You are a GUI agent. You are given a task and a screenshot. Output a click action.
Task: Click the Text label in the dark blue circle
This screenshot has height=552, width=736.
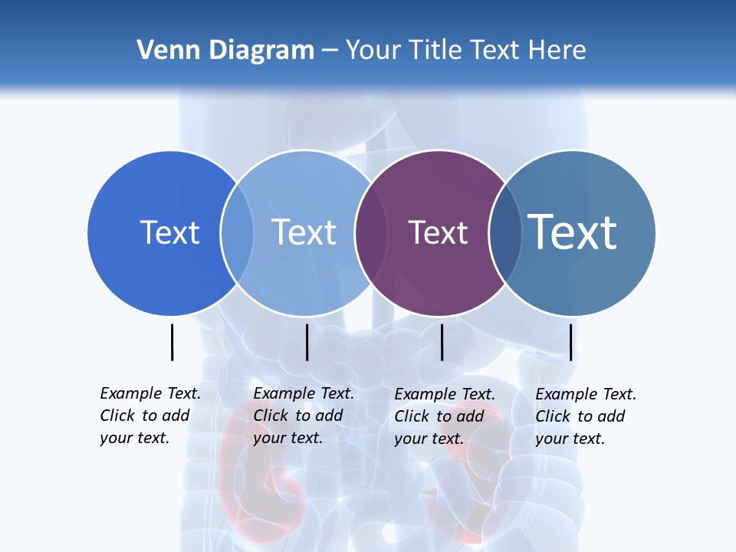click(169, 232)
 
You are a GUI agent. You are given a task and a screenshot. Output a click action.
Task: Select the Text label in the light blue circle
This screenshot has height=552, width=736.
click(304, 232)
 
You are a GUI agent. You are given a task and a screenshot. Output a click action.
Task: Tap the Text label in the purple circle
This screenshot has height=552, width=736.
click(438, 232)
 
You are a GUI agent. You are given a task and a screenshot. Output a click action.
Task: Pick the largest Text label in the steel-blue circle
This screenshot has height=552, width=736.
click(573, 232)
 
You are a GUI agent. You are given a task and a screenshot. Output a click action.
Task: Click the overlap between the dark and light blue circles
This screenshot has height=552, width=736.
click(237, 233)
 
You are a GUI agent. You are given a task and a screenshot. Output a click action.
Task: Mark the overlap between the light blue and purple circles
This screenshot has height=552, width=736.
click(370, 233)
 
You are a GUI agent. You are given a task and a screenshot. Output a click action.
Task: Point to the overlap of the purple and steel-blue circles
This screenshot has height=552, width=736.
click(504, 233)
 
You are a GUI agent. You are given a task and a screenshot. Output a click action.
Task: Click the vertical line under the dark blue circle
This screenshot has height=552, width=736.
click(172, 342)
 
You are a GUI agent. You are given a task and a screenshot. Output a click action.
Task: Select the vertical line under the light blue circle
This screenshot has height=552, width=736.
click(307, 342)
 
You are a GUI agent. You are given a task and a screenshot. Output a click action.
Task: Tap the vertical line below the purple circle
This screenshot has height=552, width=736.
click(442, 342)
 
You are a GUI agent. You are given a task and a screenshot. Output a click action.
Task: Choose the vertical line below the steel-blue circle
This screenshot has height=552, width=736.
click(570, 342)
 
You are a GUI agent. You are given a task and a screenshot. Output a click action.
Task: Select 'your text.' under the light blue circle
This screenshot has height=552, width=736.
click(287, 438)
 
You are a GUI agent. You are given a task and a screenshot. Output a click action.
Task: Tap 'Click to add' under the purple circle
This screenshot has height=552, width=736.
click(439, 416)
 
